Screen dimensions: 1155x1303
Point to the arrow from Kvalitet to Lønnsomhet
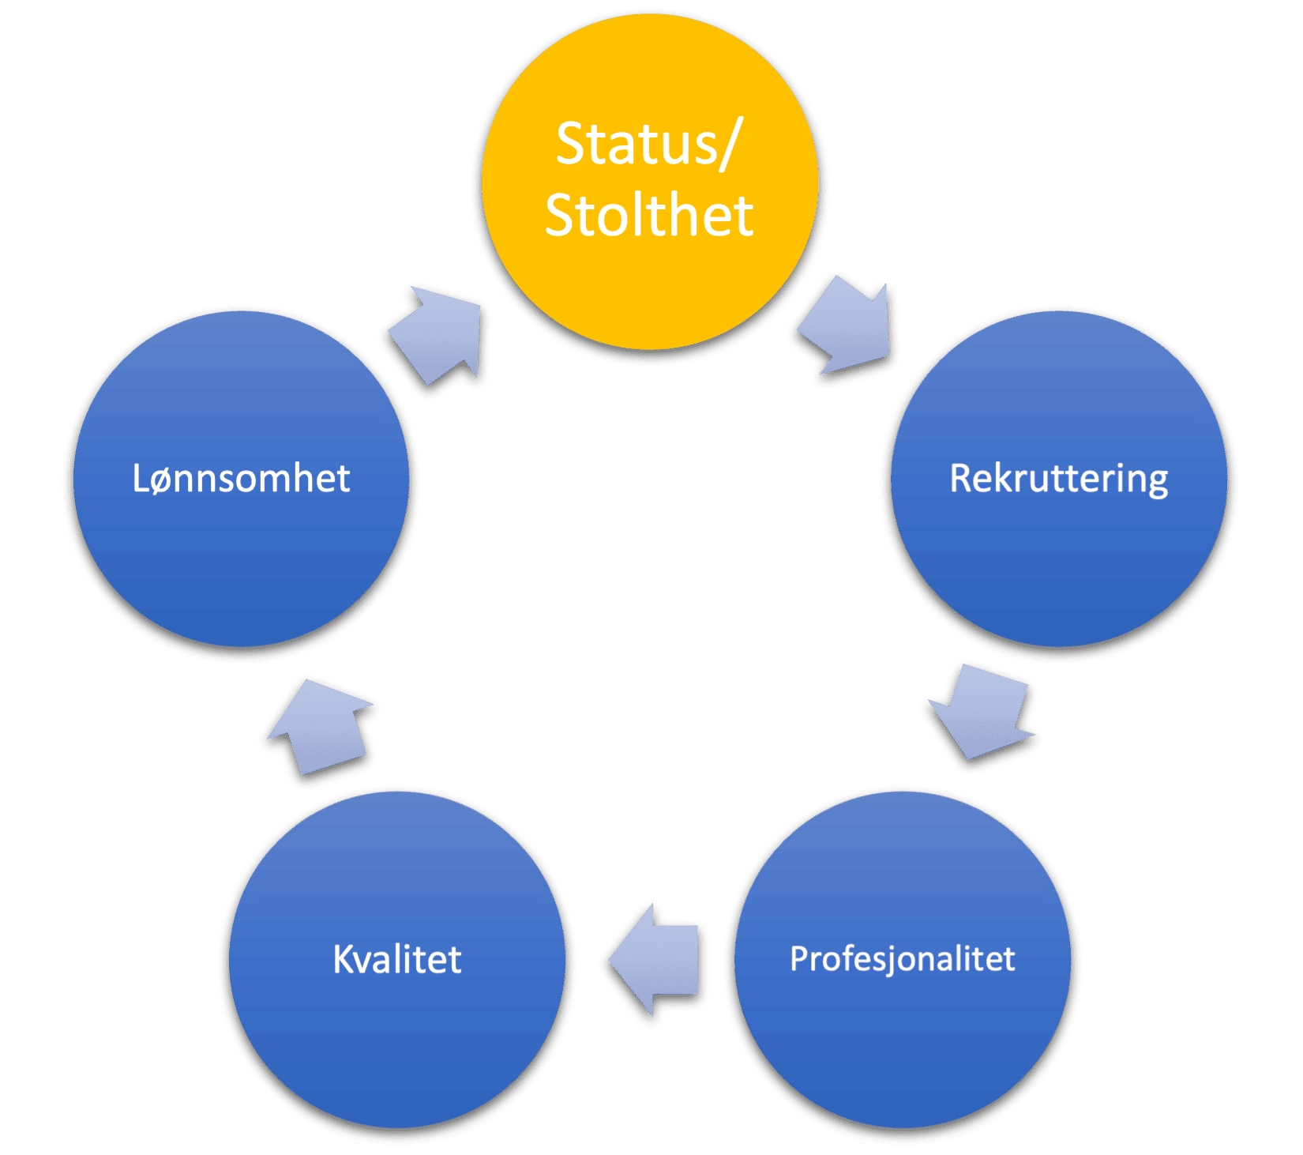point(321,730)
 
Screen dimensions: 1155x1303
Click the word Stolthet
point(649,215)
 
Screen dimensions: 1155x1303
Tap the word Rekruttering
point(1058,479)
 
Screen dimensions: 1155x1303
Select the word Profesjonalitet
point(903,959)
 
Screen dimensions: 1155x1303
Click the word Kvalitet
point(397,959)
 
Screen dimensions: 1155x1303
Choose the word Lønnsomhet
point(241,479)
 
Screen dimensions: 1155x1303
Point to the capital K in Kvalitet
point(344,959)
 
